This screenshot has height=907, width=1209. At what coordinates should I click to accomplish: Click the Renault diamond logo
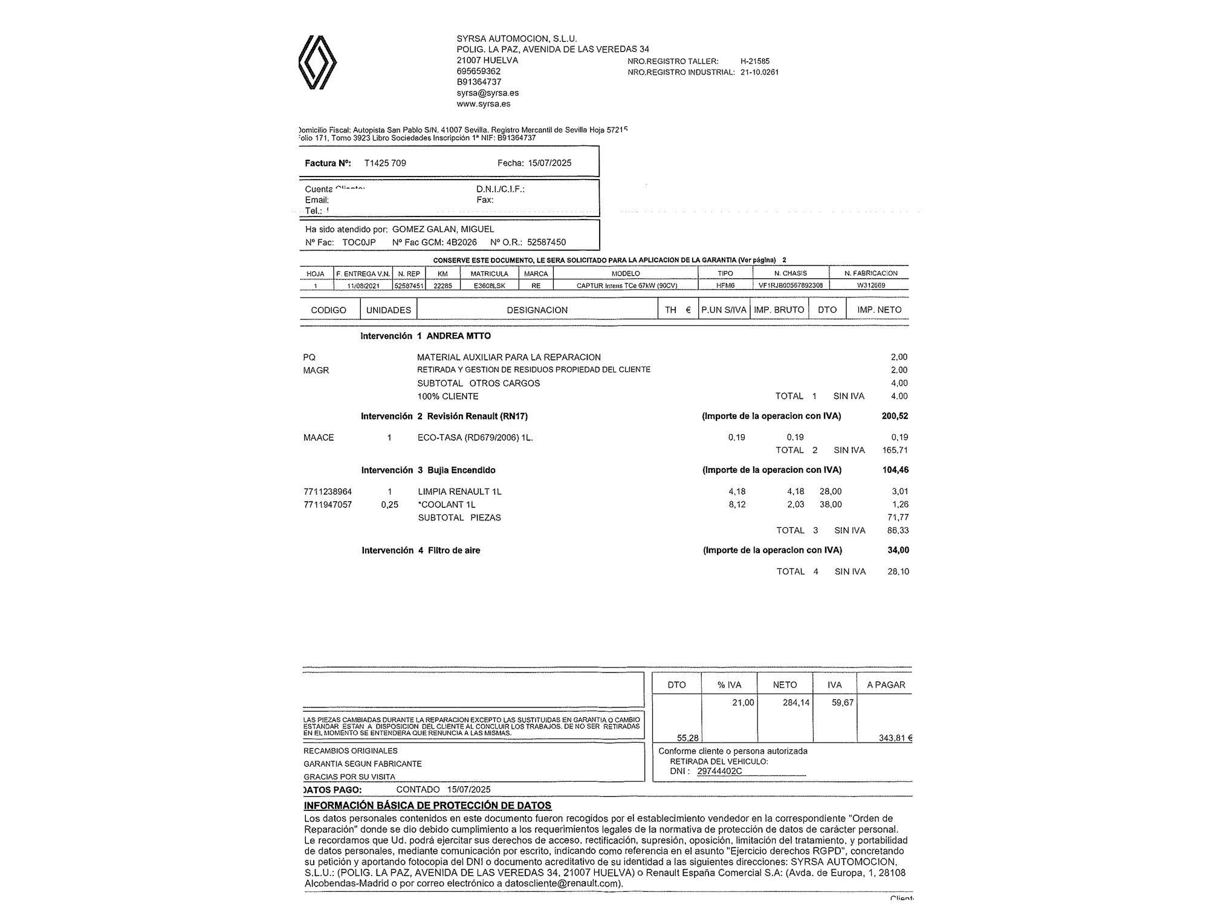[317, 63]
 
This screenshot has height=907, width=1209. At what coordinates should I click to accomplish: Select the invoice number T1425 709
[385, 163]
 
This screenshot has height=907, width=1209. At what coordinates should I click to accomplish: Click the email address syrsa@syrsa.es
[487, 93]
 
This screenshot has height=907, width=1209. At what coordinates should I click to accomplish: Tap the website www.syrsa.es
[483, 104]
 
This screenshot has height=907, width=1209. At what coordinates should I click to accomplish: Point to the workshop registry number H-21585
[754, 61]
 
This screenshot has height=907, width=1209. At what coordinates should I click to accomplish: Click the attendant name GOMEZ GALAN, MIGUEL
[443, 229]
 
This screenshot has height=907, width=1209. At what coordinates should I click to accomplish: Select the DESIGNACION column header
[537, 310]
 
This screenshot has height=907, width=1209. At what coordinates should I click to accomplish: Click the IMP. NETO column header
[879, 310]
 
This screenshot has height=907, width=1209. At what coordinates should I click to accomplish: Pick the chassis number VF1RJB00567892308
[790, 285]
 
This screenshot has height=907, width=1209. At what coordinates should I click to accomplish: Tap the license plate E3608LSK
[490, 285]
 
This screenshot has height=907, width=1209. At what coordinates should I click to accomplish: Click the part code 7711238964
[328, 492]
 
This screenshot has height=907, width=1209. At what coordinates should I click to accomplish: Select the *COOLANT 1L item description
[447, 505]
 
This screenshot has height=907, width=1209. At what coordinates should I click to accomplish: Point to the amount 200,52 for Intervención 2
[895, 416]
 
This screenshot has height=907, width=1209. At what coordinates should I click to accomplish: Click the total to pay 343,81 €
[895, 738]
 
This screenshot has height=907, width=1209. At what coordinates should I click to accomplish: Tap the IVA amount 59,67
[843, 703]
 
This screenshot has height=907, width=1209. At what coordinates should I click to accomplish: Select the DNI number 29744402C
[719, 772]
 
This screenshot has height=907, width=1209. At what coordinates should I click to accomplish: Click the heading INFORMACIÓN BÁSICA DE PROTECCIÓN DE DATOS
[427, 806]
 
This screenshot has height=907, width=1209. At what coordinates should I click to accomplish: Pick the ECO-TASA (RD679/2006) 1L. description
[475, 438]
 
